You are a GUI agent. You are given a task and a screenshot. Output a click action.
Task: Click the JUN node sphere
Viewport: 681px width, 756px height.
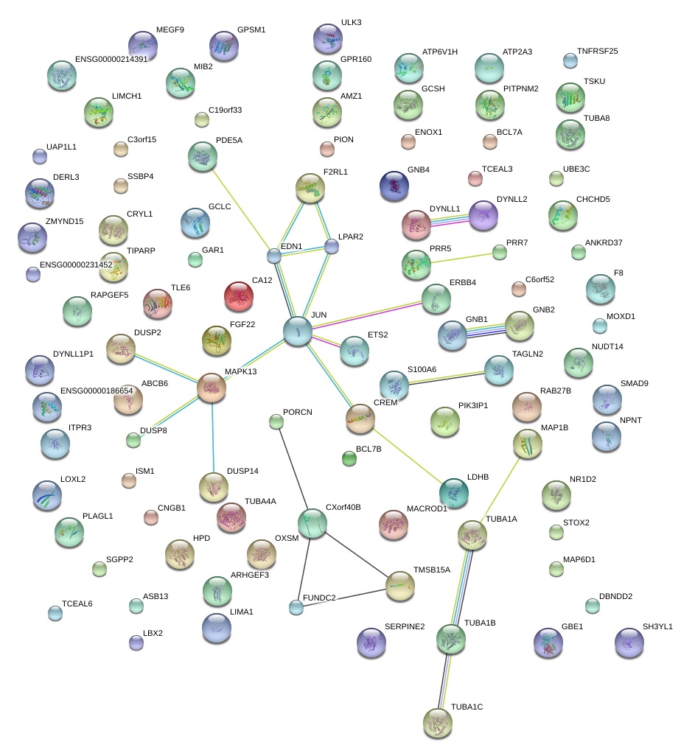click(x=298, y=331)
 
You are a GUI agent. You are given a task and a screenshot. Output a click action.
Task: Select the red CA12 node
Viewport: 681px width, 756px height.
click(x=238, y=296)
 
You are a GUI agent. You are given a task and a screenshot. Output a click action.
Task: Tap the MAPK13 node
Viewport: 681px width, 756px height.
click(x=212, y=388)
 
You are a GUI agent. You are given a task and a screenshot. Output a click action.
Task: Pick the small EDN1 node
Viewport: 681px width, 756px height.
click(x=274, y=256)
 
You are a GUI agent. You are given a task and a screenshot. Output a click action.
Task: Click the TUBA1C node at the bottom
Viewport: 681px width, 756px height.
click(x=438, y=722)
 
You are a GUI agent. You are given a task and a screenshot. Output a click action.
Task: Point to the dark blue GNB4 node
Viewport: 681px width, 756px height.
click(x=394, y=186)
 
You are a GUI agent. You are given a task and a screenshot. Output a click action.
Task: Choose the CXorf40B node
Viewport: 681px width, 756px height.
click(x=312, y=523)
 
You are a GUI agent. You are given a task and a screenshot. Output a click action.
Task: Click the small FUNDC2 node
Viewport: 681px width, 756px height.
click(x=296, y=607)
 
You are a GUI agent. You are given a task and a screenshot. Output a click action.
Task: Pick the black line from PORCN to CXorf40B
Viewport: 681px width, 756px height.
click(x=293, y=471)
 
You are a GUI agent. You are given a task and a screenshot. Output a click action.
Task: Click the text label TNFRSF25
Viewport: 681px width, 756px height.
click(x=597, y=52)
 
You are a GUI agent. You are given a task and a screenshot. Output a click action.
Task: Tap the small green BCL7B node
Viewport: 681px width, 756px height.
click(x=349, y=459)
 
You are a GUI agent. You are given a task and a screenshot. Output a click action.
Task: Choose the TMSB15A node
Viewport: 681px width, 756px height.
click(x=400, y=586)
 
